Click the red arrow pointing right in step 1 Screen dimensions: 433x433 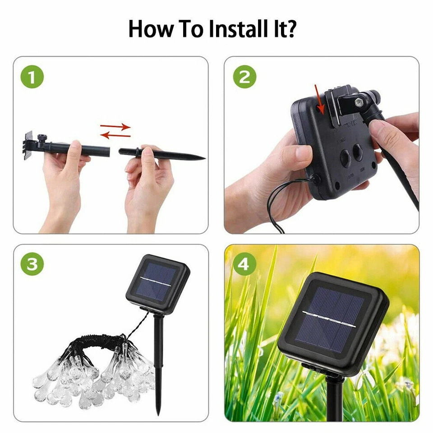click(115, 127)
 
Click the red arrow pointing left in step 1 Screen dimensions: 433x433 click(115, 135)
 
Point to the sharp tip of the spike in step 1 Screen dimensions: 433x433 click(204, 158)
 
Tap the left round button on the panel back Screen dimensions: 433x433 click(345, 158)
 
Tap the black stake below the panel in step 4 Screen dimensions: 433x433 click(334, 401)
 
